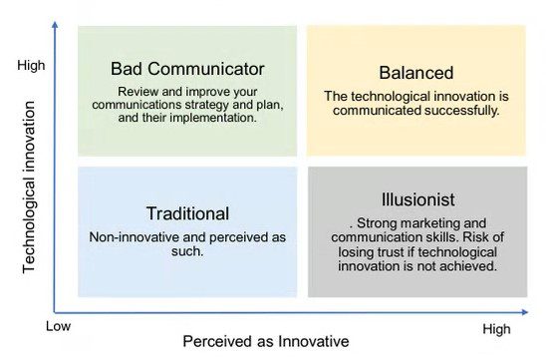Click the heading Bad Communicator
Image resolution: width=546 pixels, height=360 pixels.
(x=188, y=69)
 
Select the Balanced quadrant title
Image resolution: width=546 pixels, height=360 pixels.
(x=415, y=73)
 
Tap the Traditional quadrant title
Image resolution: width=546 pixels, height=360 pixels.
(x=187, y=213)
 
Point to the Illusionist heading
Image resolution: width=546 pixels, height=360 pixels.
(x=416, y=198)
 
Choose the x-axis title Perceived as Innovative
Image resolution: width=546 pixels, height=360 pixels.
(x=265, y=341)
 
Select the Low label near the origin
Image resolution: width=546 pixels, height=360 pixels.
(x=60, y=325)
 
